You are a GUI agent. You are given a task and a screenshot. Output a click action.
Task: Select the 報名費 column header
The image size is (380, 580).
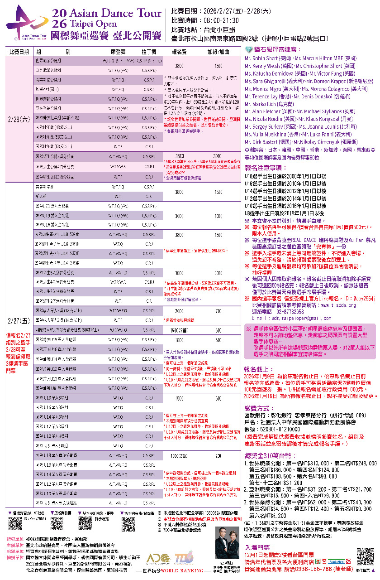[x=179, y=52]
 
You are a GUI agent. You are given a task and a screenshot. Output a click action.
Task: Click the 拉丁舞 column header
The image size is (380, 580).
[x=148, y=52]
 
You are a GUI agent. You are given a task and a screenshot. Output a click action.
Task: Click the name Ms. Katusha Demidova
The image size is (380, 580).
[x=269, y=73]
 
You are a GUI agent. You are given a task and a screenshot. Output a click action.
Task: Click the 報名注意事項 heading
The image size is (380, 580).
[x=263, y=168]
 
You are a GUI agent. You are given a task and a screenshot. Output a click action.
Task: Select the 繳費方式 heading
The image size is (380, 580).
[x=258, y=407]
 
